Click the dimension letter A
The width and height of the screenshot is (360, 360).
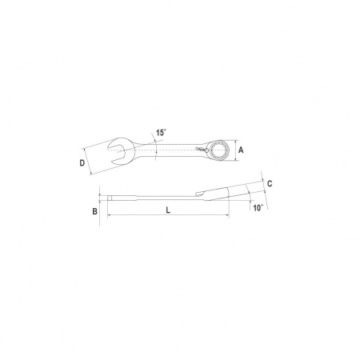241,150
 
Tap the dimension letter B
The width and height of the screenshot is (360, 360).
94,211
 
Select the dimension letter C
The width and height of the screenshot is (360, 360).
270,183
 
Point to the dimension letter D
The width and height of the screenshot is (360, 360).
82,162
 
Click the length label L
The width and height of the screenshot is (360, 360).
168,210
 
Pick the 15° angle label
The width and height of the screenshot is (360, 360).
161,133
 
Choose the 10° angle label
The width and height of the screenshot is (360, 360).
258,208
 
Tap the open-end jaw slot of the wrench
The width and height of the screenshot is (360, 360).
117,150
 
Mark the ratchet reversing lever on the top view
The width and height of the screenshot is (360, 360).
202,150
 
